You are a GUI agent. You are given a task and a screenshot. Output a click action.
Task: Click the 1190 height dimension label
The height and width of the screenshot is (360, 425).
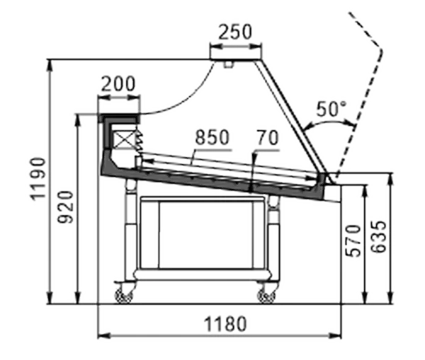click(38, 179)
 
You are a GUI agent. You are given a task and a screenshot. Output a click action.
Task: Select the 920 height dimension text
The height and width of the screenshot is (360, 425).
click(66, 207)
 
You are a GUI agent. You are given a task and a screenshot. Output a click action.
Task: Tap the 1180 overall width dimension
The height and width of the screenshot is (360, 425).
click(225, 324)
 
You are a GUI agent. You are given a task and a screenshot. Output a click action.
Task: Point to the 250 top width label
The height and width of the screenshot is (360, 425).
click(235, 32)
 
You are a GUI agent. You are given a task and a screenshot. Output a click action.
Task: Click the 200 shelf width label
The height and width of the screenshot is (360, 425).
click(118, 84)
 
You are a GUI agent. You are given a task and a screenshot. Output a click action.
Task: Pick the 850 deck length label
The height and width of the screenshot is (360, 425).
click(212, 137)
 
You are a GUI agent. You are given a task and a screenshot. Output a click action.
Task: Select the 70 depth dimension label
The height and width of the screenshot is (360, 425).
click(268, 137)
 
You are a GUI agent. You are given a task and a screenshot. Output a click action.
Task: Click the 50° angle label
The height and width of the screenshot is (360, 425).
click(331, 108)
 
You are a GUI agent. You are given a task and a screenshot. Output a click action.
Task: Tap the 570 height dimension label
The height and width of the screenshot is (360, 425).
click(353, 241)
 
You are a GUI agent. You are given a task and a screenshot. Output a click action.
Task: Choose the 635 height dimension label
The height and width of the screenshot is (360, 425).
click(378, 237)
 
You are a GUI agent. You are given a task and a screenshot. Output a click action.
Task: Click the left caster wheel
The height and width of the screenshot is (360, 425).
click(124, 296)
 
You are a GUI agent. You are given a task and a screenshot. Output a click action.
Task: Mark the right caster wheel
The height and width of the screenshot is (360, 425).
click(266, 296)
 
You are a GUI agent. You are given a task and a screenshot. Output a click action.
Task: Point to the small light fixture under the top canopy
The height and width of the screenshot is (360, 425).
click(229, 64)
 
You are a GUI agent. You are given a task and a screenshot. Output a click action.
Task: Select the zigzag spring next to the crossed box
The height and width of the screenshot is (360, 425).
click(139, 140)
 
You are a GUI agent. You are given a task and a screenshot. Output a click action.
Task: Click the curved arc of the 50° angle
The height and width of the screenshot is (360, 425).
click(329, 121)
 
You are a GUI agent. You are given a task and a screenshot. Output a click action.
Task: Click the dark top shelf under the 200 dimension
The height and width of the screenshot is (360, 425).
click(119, 118)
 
